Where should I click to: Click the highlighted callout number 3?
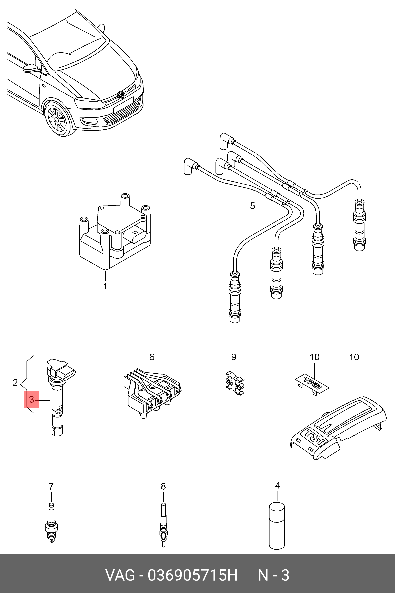(31, 399)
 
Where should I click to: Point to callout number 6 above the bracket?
(152, 357)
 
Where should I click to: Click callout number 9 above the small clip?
(234, 357)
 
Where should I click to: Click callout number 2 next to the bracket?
(15, 382)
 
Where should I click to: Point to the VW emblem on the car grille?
(121, 95)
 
